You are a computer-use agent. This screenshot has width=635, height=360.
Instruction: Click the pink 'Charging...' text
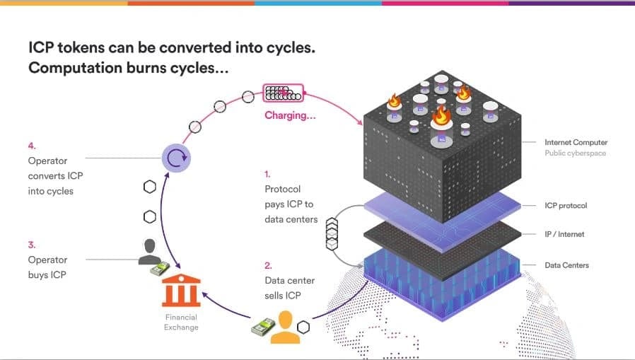[290, 115]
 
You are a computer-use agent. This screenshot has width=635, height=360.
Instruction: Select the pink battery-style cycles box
[282, 93]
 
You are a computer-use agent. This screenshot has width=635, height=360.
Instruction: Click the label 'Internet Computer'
[576, 142]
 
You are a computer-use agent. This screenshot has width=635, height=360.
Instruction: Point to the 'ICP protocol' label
[566, 206]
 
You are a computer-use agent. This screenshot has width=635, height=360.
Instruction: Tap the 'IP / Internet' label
[564, 234]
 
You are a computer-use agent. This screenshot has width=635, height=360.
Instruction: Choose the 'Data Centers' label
[566, 265]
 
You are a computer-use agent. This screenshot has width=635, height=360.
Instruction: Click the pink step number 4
[31, 146]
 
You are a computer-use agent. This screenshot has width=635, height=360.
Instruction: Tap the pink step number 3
[31, 245]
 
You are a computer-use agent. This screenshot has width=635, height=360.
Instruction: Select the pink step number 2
[268, 265]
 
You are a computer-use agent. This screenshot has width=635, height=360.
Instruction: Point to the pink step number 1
[267, 173]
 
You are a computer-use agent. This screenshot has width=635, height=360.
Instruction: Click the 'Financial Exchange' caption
[181, 322]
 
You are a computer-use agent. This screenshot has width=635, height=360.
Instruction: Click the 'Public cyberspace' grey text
[575, 153]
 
